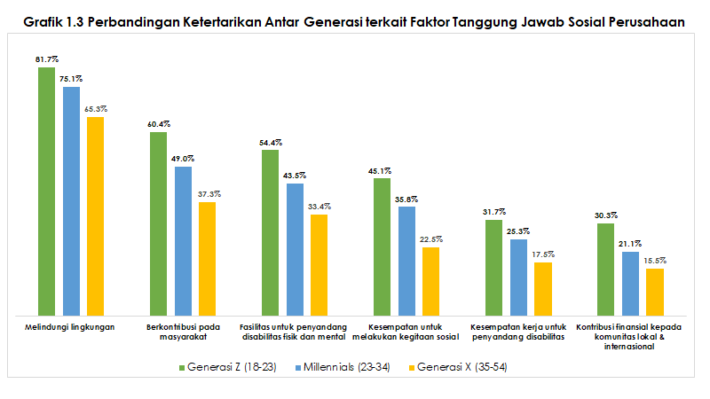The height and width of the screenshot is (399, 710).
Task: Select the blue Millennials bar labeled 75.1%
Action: point(71,200)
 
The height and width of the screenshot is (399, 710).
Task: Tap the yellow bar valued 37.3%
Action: point(207,258)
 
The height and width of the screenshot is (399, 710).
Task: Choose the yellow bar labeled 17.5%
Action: point(543,288)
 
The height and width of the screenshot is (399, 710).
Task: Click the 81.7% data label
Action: point(47,59)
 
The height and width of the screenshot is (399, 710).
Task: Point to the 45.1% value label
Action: point(382,170)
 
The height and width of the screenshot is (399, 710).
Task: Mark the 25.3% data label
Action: point(518,231)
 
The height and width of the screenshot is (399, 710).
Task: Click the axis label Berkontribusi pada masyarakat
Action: point(184,332)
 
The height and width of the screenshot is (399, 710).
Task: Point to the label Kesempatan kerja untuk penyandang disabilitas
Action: point(519,332)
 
